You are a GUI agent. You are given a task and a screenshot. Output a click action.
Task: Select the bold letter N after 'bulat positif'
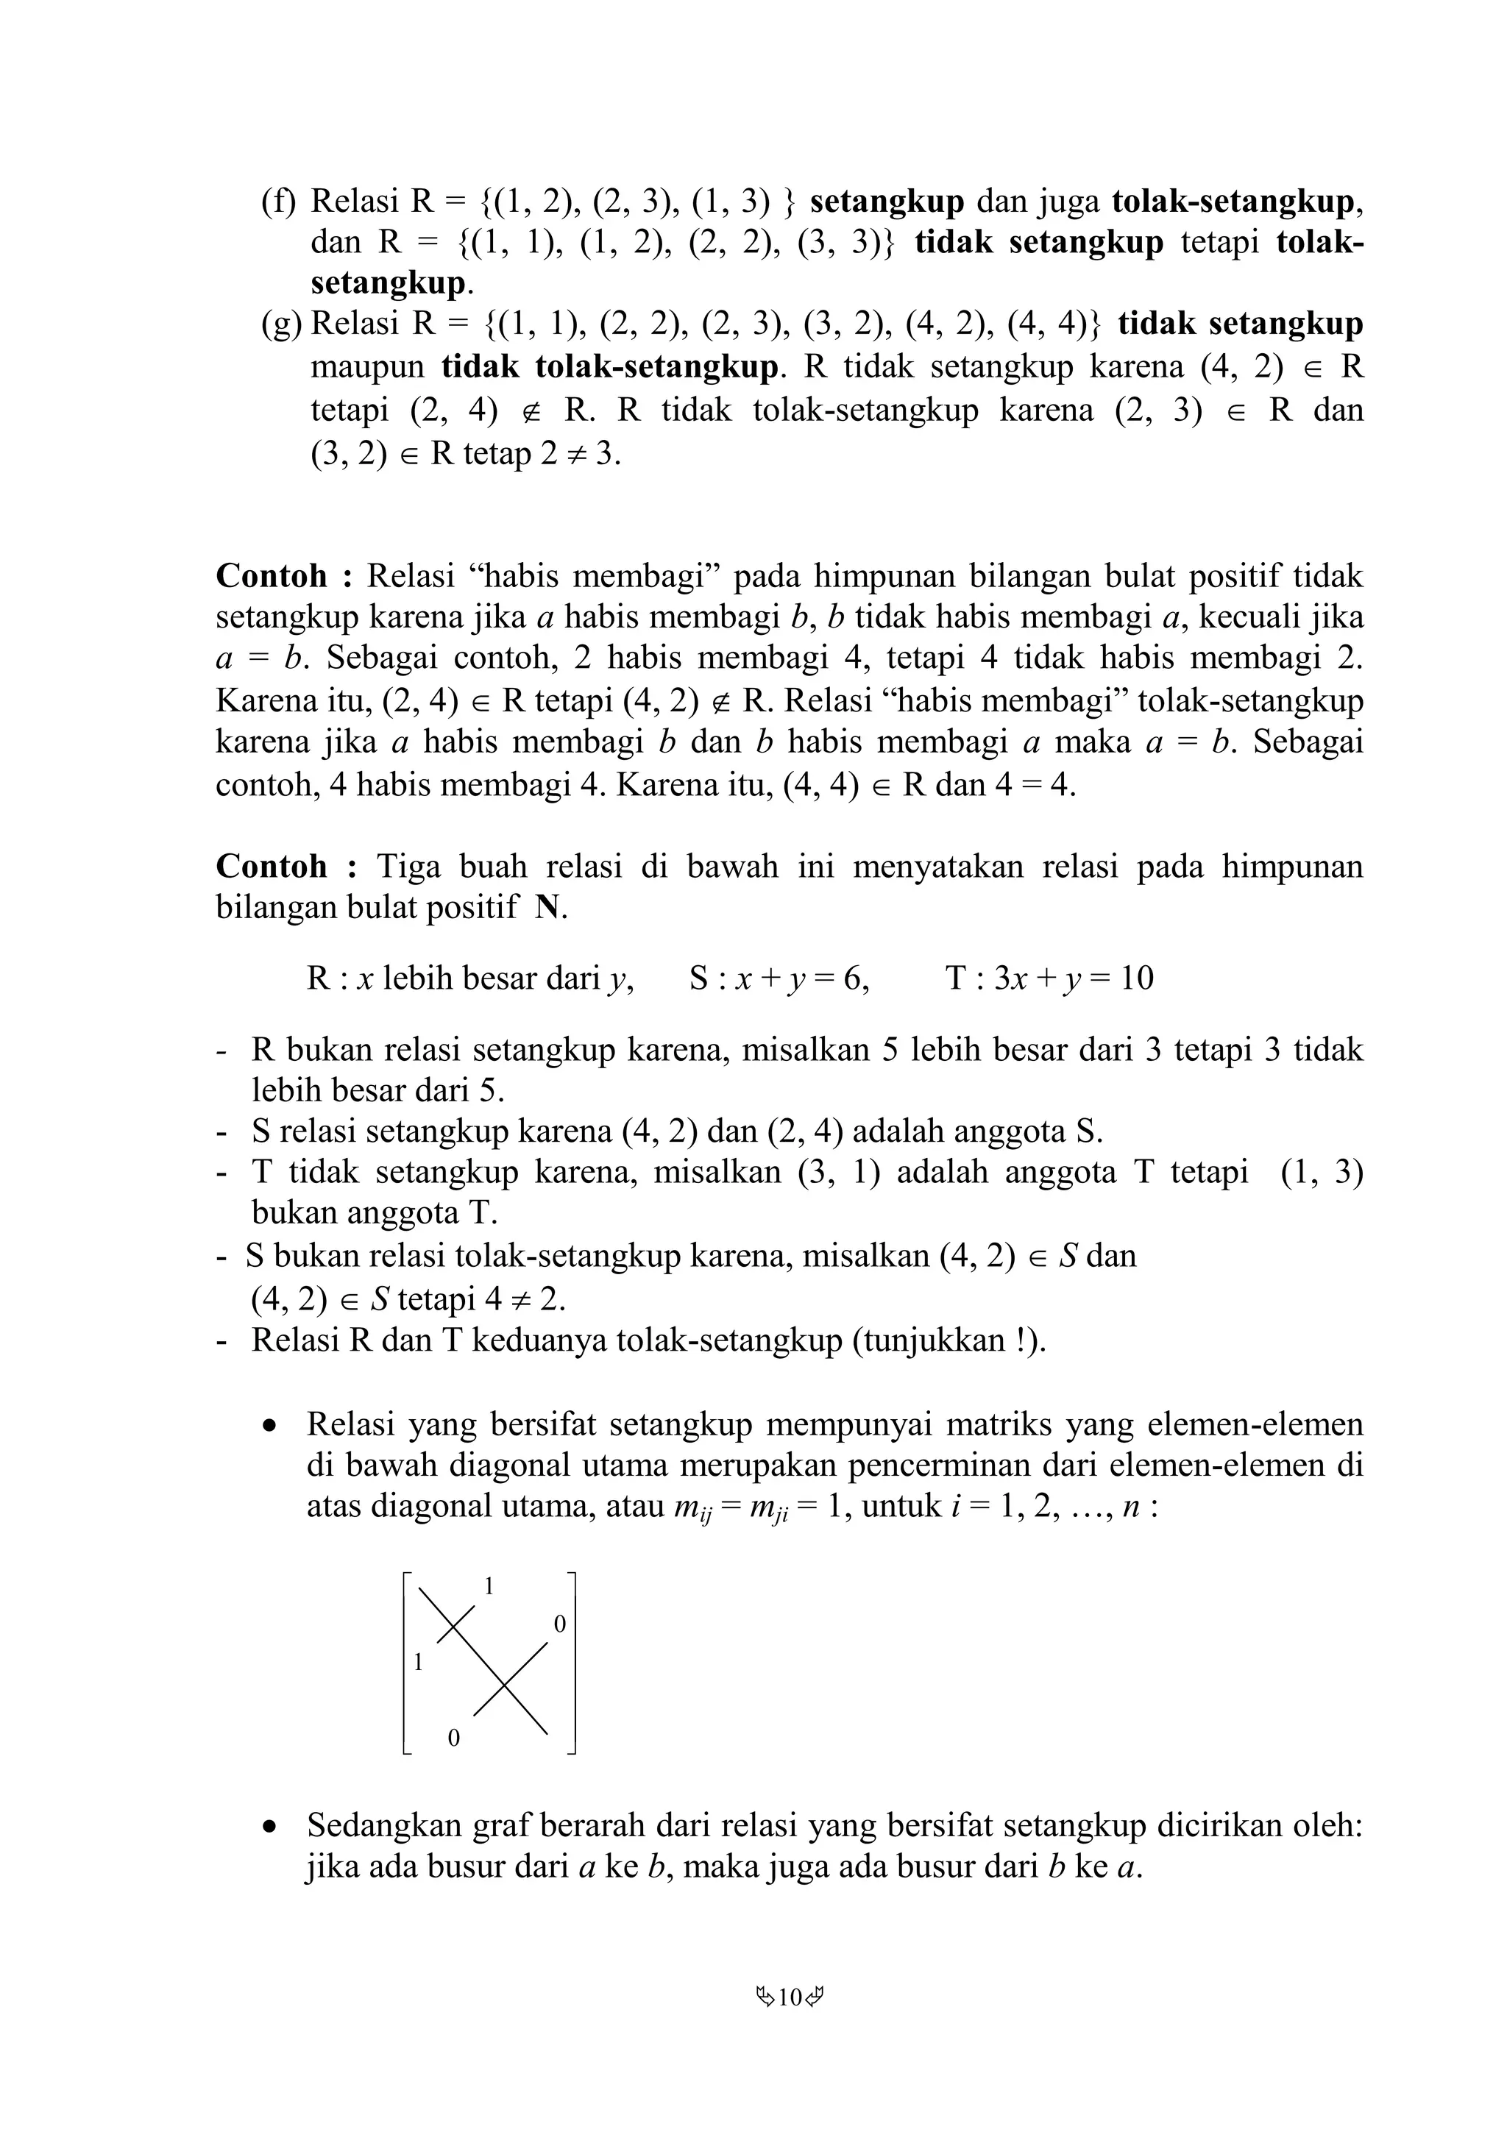pyautogui.click(x=549, y=907)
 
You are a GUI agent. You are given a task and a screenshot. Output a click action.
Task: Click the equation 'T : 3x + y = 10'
pyautogui.click(x=1049, y=978)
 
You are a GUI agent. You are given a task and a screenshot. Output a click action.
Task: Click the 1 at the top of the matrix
pyautogui.click(x=489, y=1587)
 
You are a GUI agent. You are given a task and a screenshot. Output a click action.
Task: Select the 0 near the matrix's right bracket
pyautogui.click(x=559, y=1625)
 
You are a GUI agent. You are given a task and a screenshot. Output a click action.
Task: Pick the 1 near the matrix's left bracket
pyautogui.click(x=418, y=1663)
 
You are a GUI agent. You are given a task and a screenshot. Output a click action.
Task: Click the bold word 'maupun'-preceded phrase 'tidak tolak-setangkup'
pyautogui.click(x=609, y=367)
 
